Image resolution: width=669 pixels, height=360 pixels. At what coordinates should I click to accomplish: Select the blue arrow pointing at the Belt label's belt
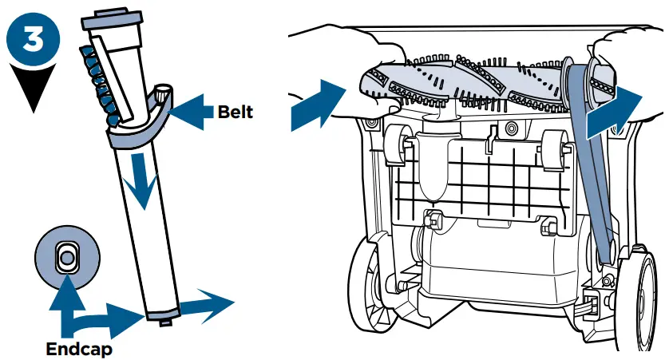(x=191, y=113)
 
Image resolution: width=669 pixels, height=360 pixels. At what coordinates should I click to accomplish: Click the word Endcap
(x=78, y=349)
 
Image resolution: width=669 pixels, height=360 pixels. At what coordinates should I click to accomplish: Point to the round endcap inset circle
(x=66, y=257)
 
